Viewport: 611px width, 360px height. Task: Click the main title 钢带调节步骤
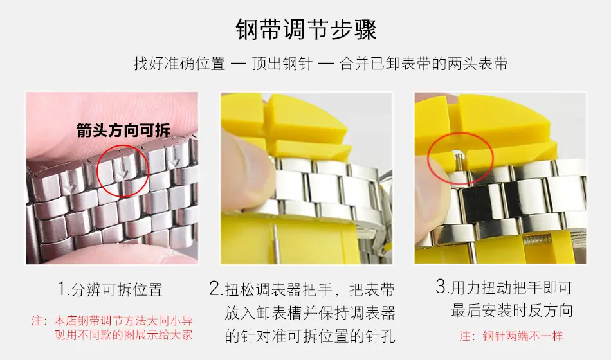306,29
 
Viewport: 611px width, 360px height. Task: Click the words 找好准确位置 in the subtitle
179,64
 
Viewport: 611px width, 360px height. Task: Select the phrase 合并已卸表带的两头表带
424,64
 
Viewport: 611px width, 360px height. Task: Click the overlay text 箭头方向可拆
123,130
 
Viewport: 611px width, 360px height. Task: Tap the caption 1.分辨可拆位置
110,289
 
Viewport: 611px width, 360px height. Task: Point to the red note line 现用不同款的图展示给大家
123,334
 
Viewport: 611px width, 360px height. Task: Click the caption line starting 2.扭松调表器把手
302,289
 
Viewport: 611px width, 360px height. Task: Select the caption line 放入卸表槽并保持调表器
310,312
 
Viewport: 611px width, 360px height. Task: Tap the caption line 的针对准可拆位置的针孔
310,336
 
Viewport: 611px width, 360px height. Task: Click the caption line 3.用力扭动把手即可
504,287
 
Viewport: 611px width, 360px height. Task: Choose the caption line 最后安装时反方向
512,310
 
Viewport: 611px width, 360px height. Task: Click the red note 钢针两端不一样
511,336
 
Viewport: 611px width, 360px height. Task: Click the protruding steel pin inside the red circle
459,162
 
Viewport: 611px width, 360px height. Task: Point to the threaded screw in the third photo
536,241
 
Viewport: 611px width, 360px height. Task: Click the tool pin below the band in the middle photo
276,246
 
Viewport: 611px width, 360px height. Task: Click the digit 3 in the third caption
441,287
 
